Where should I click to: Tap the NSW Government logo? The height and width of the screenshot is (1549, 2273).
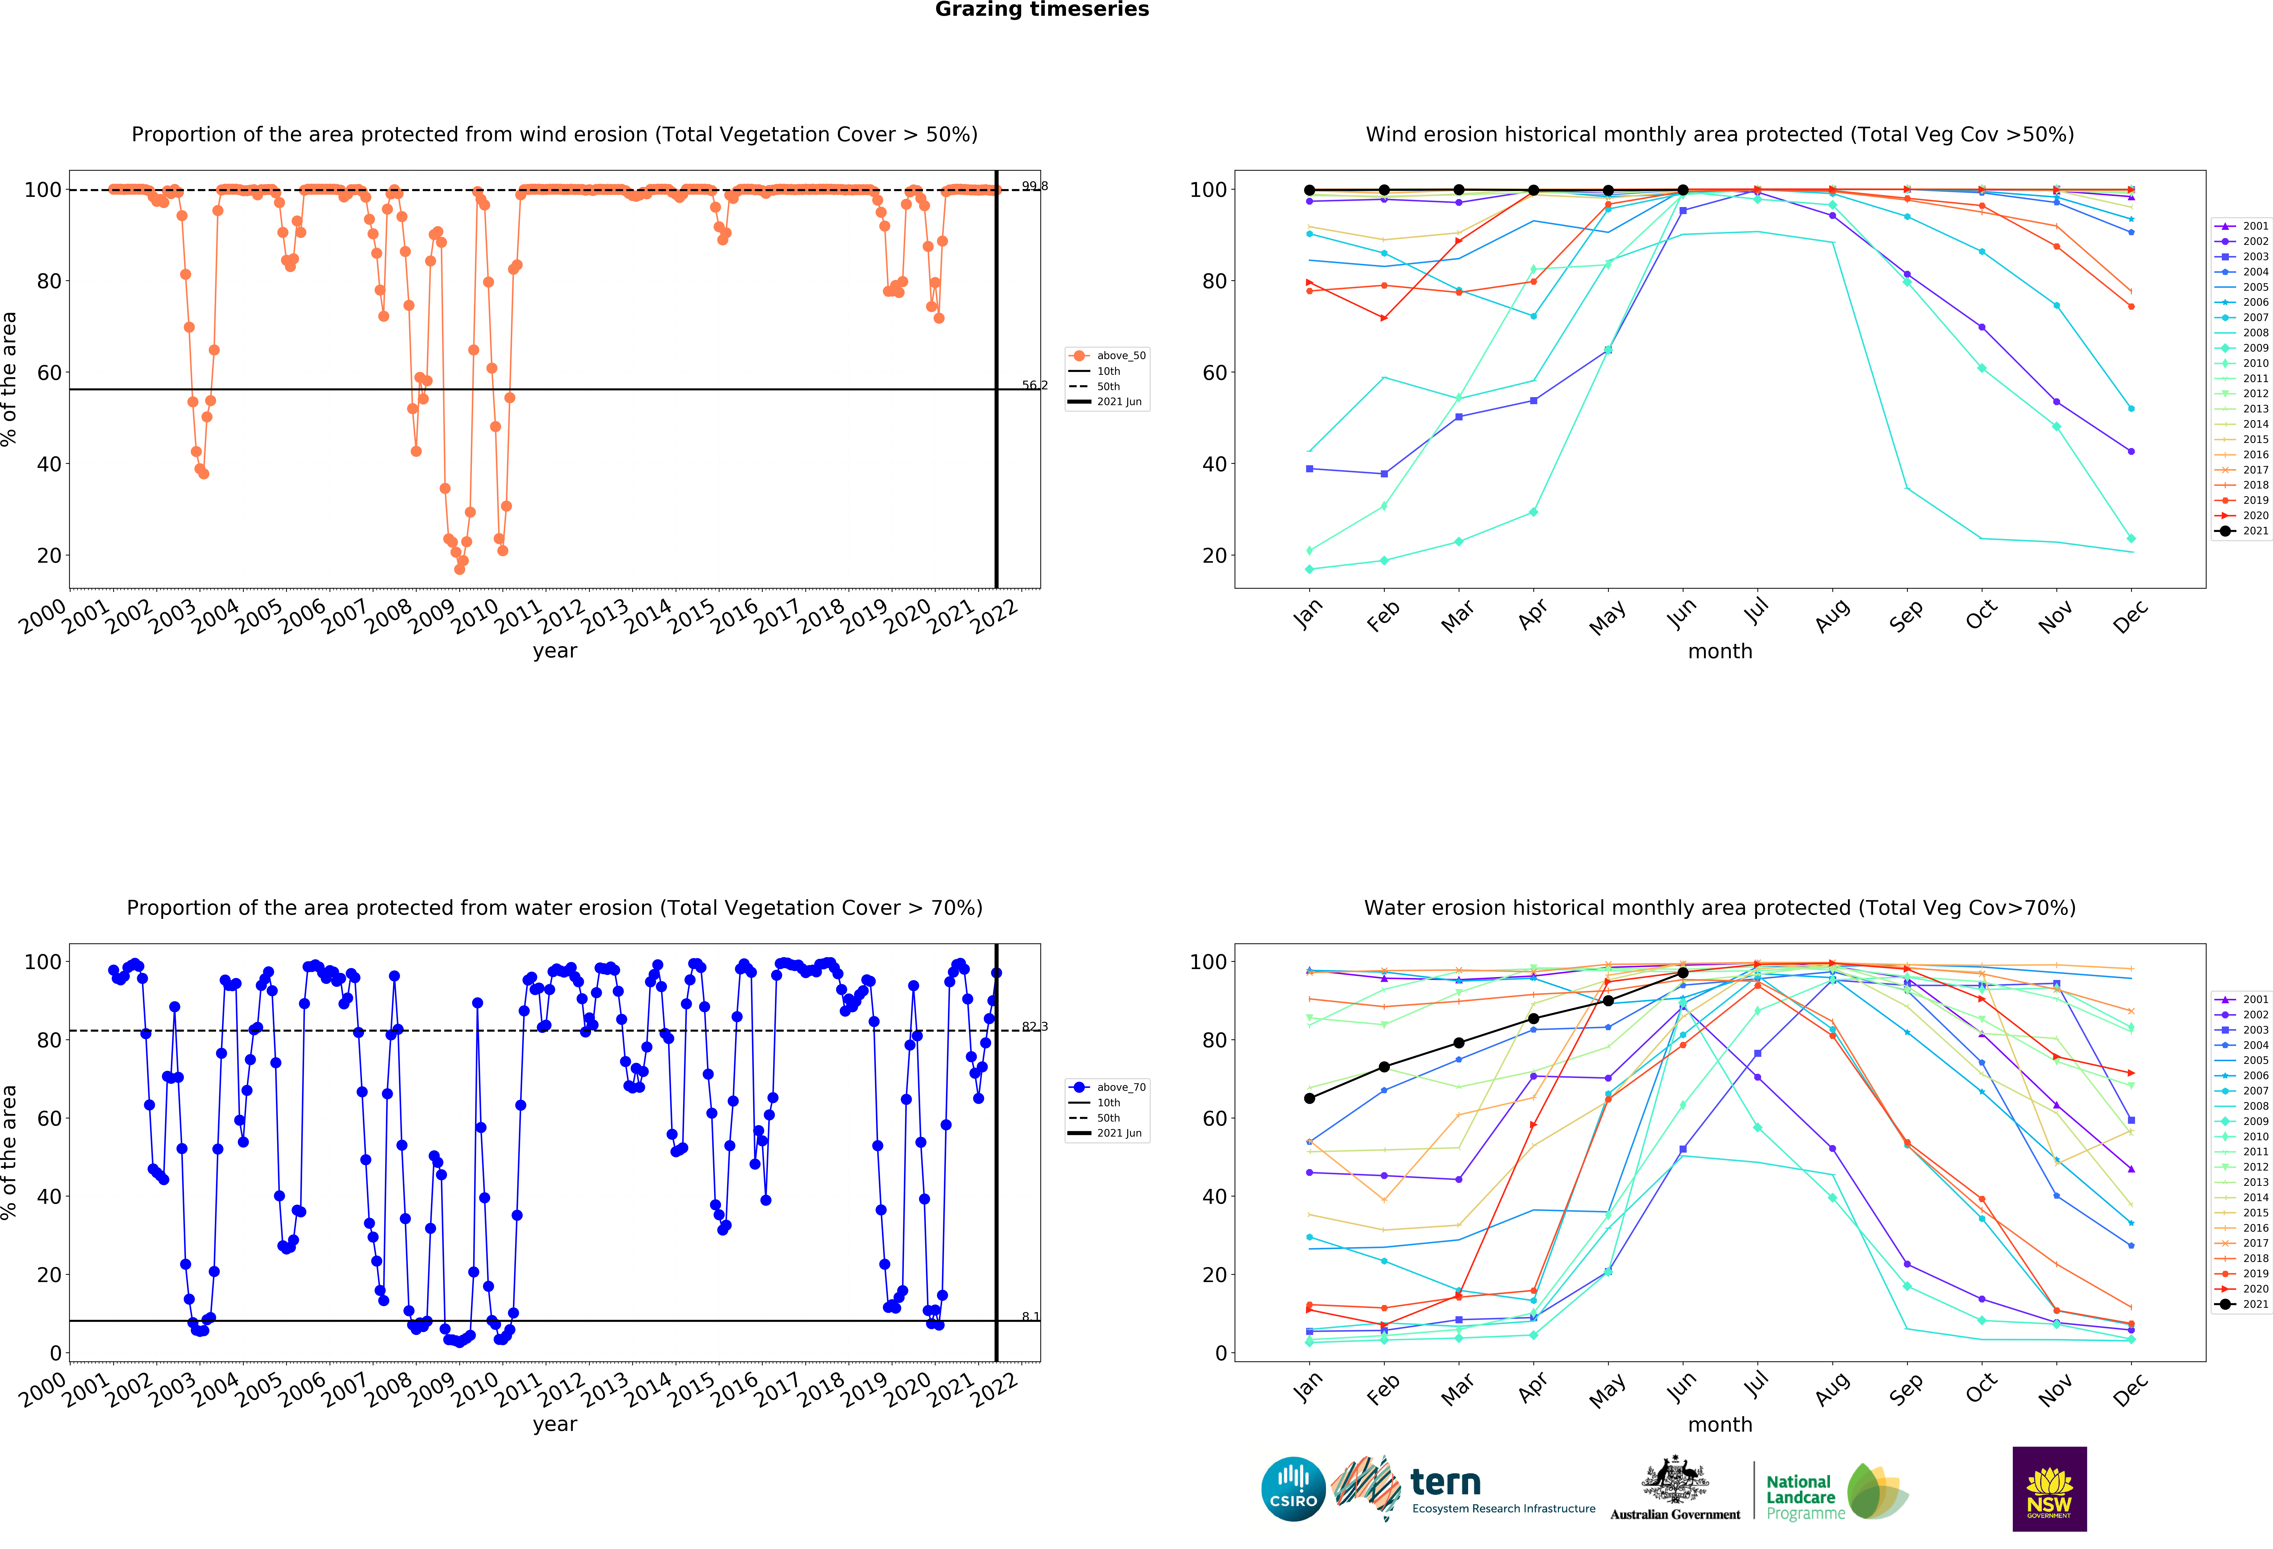pyautogui.click(x=2049, y=1488)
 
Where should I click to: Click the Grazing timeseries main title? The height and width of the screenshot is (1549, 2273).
pyautogui.click(x=1042, y=10)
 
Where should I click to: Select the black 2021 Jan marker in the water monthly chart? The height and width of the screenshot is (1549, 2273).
pyautogui.click(x=1310, y=1098)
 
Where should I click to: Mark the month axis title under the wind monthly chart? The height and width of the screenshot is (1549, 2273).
pyautogui.click(x=1719, y=651)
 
